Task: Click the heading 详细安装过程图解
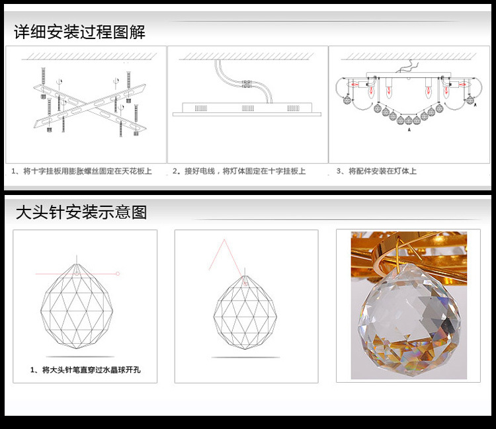click(79, 32)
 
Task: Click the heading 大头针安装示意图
click(81, 212)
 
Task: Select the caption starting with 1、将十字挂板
click(81, 171)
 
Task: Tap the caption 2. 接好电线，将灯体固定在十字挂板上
click(239, 171)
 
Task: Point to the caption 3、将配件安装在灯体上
click(376, 171)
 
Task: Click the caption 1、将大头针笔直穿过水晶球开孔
click(85, 370)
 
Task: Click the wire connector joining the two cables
click(247, 84)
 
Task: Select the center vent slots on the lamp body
click(248, 108)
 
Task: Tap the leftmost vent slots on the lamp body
click(201, 108)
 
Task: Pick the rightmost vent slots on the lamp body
click(293, 108)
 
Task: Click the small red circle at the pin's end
click(118, 274)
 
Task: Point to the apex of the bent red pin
click(224, 240)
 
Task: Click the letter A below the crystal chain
click(409, 130)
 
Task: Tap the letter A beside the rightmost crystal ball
click(475, 104)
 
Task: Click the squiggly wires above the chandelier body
click(407, 67)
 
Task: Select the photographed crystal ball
click(409, 319)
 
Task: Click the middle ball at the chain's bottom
click(409, 120)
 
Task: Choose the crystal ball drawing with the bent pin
click(245, 313)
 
